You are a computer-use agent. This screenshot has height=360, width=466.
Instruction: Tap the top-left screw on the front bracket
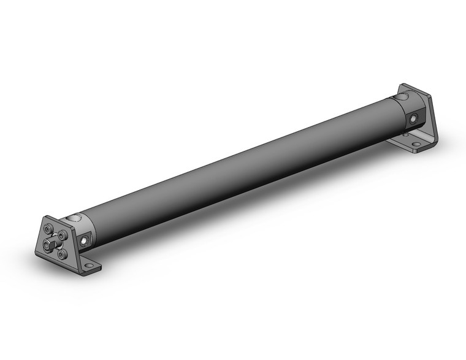point(47,229)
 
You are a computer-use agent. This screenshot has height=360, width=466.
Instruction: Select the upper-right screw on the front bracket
point(63,236)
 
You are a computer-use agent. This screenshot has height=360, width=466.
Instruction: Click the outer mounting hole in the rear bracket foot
point(416,145)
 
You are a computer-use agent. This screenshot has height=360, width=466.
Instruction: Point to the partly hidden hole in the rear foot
point(406,134)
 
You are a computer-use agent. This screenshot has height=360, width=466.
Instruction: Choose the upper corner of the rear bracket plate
point(405,85)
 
